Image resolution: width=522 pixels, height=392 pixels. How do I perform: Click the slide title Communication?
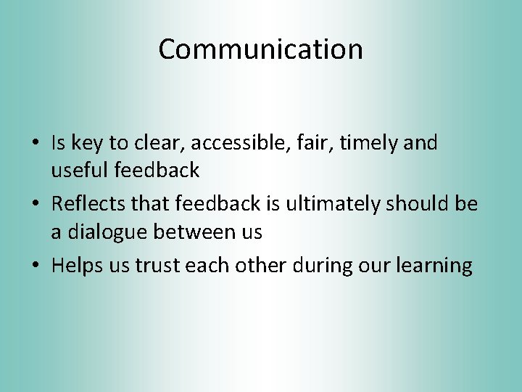[260, 49]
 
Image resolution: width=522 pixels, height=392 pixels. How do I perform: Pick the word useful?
[77, 171]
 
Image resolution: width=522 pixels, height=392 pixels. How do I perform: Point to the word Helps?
[75, 266]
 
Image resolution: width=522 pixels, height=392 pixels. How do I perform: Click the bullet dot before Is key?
[36, 144]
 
